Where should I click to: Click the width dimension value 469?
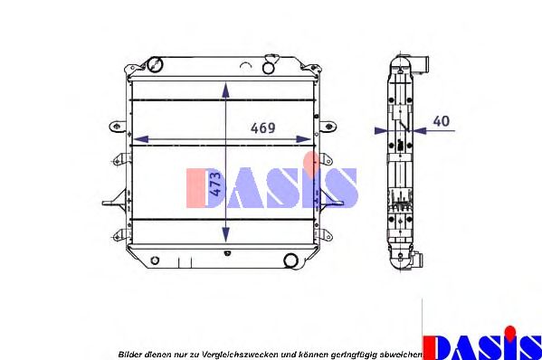coord(263,128)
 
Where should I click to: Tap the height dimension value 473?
coord(215,184)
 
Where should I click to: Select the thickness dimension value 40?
coord(441,121)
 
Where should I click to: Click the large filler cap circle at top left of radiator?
coord(155,64)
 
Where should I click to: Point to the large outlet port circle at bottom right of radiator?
coord(290,261)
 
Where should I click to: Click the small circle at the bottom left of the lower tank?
coord(155,261)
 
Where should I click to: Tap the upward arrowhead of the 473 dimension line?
coord(225,90)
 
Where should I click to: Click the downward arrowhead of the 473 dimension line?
coord(225,235)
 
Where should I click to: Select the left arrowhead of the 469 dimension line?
coord(141,139)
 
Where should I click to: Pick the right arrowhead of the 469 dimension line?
coord(303,139)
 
